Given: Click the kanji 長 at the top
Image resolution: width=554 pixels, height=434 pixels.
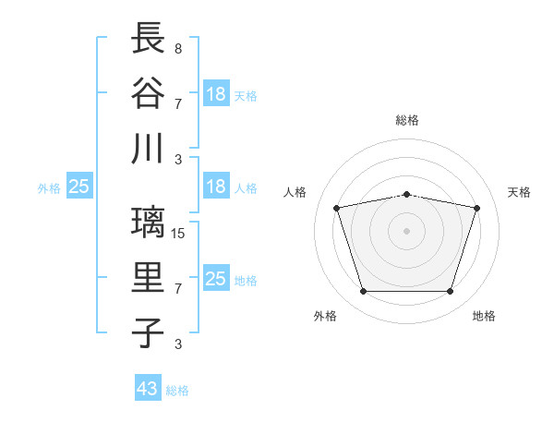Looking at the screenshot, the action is (x=148, y=38).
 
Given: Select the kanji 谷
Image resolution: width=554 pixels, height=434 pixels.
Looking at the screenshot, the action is (x=148, y=92).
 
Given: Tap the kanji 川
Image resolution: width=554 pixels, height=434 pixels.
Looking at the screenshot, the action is (x=148, y=149).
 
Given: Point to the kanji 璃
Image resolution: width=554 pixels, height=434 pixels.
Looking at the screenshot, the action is (x=148, y=223).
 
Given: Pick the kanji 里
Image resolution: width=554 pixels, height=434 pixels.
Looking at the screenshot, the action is (x=148, y=277).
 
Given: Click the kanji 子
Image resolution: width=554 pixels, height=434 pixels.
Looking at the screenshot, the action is (x=148, y=333).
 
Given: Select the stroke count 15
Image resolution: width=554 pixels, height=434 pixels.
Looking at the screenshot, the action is (x=177, y=234).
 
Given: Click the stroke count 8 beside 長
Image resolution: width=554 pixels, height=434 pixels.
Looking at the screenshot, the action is (x=178, y=48).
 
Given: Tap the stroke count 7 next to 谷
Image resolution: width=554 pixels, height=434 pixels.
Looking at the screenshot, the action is (x=178, y=104).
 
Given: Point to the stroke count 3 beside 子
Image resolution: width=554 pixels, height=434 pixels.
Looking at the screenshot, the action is (x=178, y=344).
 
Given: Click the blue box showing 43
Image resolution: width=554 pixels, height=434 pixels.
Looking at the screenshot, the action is (x=148, y=387).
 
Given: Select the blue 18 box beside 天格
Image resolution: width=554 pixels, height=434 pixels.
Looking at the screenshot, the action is (x=216, y=93).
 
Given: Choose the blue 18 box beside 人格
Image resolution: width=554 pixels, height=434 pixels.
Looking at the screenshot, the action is (x=216, y=186).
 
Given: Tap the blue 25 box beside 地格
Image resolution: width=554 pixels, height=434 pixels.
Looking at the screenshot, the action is (x=216, y=277).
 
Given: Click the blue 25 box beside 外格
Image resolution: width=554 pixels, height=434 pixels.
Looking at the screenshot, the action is (x=79, y=186).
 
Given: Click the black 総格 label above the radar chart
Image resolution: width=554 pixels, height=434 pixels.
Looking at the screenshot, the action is (x=407, y=120).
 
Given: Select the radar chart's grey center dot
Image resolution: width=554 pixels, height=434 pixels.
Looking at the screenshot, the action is (x=406, y=231).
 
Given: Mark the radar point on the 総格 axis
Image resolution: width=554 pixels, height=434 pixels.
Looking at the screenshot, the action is (x=406, y=195).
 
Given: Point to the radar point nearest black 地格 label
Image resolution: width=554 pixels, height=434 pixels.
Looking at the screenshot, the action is (x=450, y=291).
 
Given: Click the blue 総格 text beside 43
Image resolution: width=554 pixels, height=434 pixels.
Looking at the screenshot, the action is (x=177, y=391).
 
